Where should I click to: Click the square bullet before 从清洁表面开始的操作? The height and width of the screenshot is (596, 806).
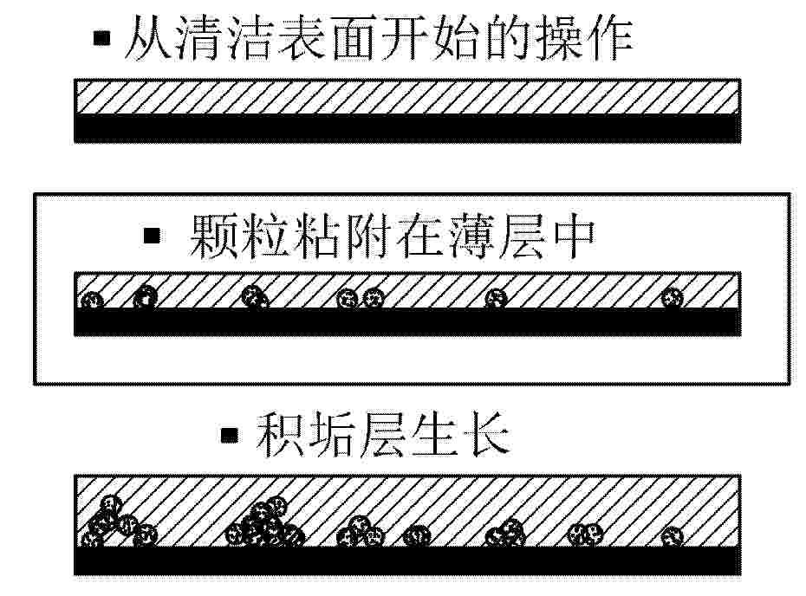(x=101, y=38)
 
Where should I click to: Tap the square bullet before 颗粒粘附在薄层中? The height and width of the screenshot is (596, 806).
(x=152, y=236)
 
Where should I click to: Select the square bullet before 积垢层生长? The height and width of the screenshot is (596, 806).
(x=230, y=436)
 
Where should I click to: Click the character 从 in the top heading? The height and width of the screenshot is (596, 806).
(x=147, y=37)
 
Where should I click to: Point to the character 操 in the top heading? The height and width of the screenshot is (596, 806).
(x=559, y=37)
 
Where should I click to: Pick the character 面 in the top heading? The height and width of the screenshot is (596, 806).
(x=353, y=37)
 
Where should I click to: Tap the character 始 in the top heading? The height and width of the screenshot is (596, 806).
(x=456, y=37)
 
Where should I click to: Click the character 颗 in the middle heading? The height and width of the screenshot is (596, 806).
(x=213, y=236)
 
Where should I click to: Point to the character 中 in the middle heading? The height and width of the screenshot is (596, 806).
(x=572, y=236)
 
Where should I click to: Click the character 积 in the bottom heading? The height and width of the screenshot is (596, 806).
(x=281, y=436)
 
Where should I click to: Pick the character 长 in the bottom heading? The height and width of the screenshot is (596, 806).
(x=486, y=436)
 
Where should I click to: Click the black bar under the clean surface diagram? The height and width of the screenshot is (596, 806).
(x=407, y=128)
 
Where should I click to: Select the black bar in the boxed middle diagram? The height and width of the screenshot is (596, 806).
(x=407, y=322)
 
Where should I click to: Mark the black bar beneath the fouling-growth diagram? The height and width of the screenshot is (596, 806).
(x=407, y=560)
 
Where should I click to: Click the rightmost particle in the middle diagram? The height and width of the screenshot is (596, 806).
(x=672, y=297)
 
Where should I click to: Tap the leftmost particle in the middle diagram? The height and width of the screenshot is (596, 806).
(x=92, y=300)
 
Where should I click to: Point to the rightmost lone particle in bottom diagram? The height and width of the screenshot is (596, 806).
(x=672, y=537)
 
